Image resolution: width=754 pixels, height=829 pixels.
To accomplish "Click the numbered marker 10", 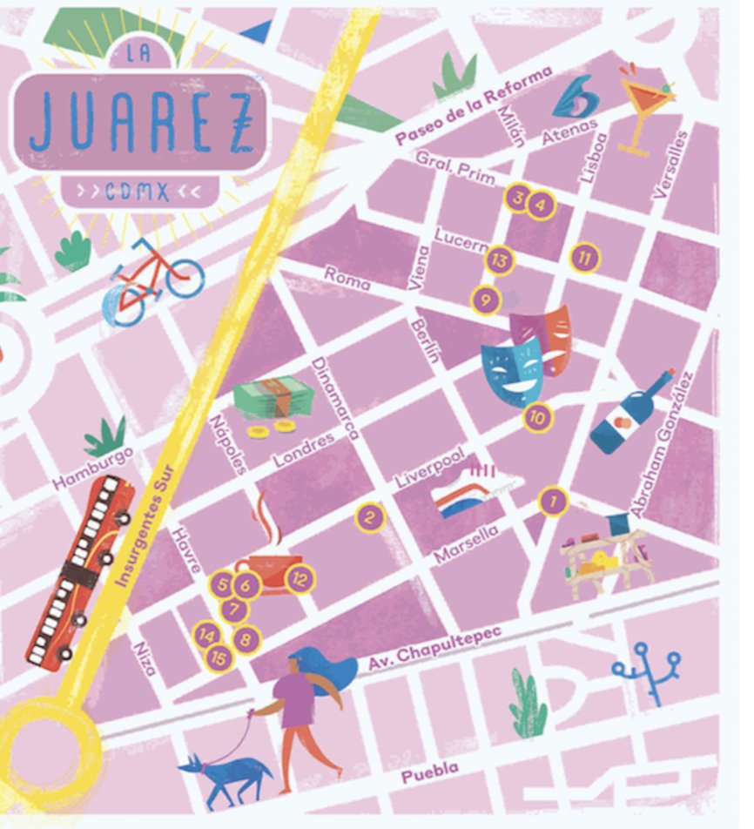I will pyautogui.click(x=538, y=418).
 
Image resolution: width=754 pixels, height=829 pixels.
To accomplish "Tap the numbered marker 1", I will pyautogui.click(x=553, y=501).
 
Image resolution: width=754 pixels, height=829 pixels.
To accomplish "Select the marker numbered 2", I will pyautogui.click(x=370, y=518).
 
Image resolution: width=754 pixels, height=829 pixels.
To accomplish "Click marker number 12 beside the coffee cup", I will pyautogui.click(x=300, y=577).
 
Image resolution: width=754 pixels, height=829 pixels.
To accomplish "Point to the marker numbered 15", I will pyautogui.click(x=219, y=659).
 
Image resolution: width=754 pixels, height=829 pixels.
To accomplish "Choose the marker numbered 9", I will pyautogui.click(x=486, y=301).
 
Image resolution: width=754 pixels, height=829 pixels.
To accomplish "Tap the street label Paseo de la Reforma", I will pyautogui.click(x=474, y=105).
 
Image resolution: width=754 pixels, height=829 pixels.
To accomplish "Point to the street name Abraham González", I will pyautogui.click(x=664, y=445).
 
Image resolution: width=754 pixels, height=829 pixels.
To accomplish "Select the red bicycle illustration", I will pyautogui.click(x=151, y=279).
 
